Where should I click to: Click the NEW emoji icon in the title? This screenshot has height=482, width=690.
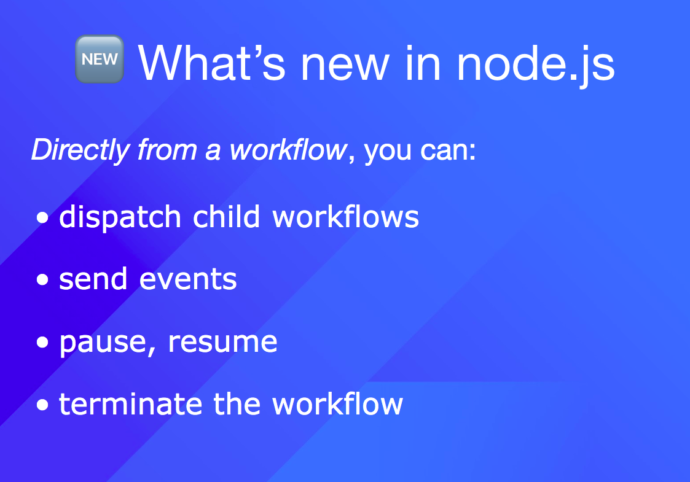click(100, 60)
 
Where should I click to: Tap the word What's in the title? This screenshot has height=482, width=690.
click(212, 63)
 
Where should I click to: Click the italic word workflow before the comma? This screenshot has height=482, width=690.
click(288, 150)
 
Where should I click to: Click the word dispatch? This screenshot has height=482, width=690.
click(120, 217)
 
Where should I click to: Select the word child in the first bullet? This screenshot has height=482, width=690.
click(226, 216)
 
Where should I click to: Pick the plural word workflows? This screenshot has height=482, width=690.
click(345, 216)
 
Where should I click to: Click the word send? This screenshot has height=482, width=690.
click(93, 279)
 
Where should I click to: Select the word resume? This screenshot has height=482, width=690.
click(222, 342)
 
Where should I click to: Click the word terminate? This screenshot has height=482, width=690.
click(131, 404)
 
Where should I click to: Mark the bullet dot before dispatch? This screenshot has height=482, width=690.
click(42, 217)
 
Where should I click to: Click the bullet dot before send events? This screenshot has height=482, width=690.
click(42, 280)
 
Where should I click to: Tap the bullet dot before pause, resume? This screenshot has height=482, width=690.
click(42, 342)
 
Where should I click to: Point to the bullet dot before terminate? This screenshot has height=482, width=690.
click(42, 405)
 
